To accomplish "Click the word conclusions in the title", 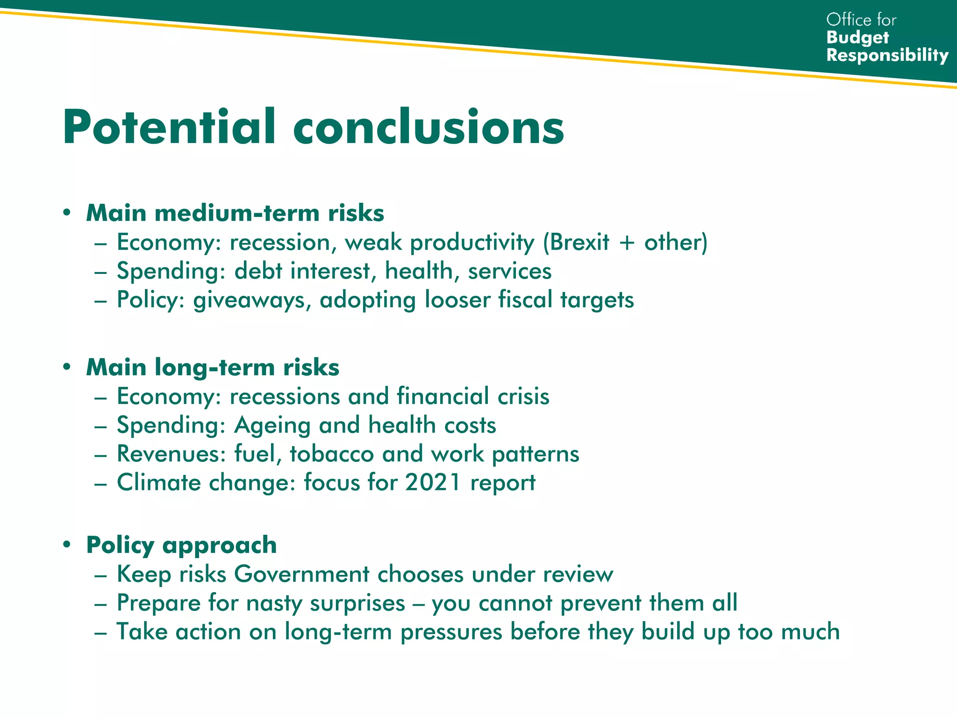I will pos(429,127).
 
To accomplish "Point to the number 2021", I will pos(433,482).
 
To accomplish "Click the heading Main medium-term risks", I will pos(235,213).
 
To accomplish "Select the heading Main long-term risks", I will pos(213,367).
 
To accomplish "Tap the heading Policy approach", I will pos(181,546).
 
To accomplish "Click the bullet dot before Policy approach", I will pos(67,545).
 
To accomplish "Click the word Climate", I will pos(158,482).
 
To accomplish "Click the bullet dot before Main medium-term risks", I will pos(67,213).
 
